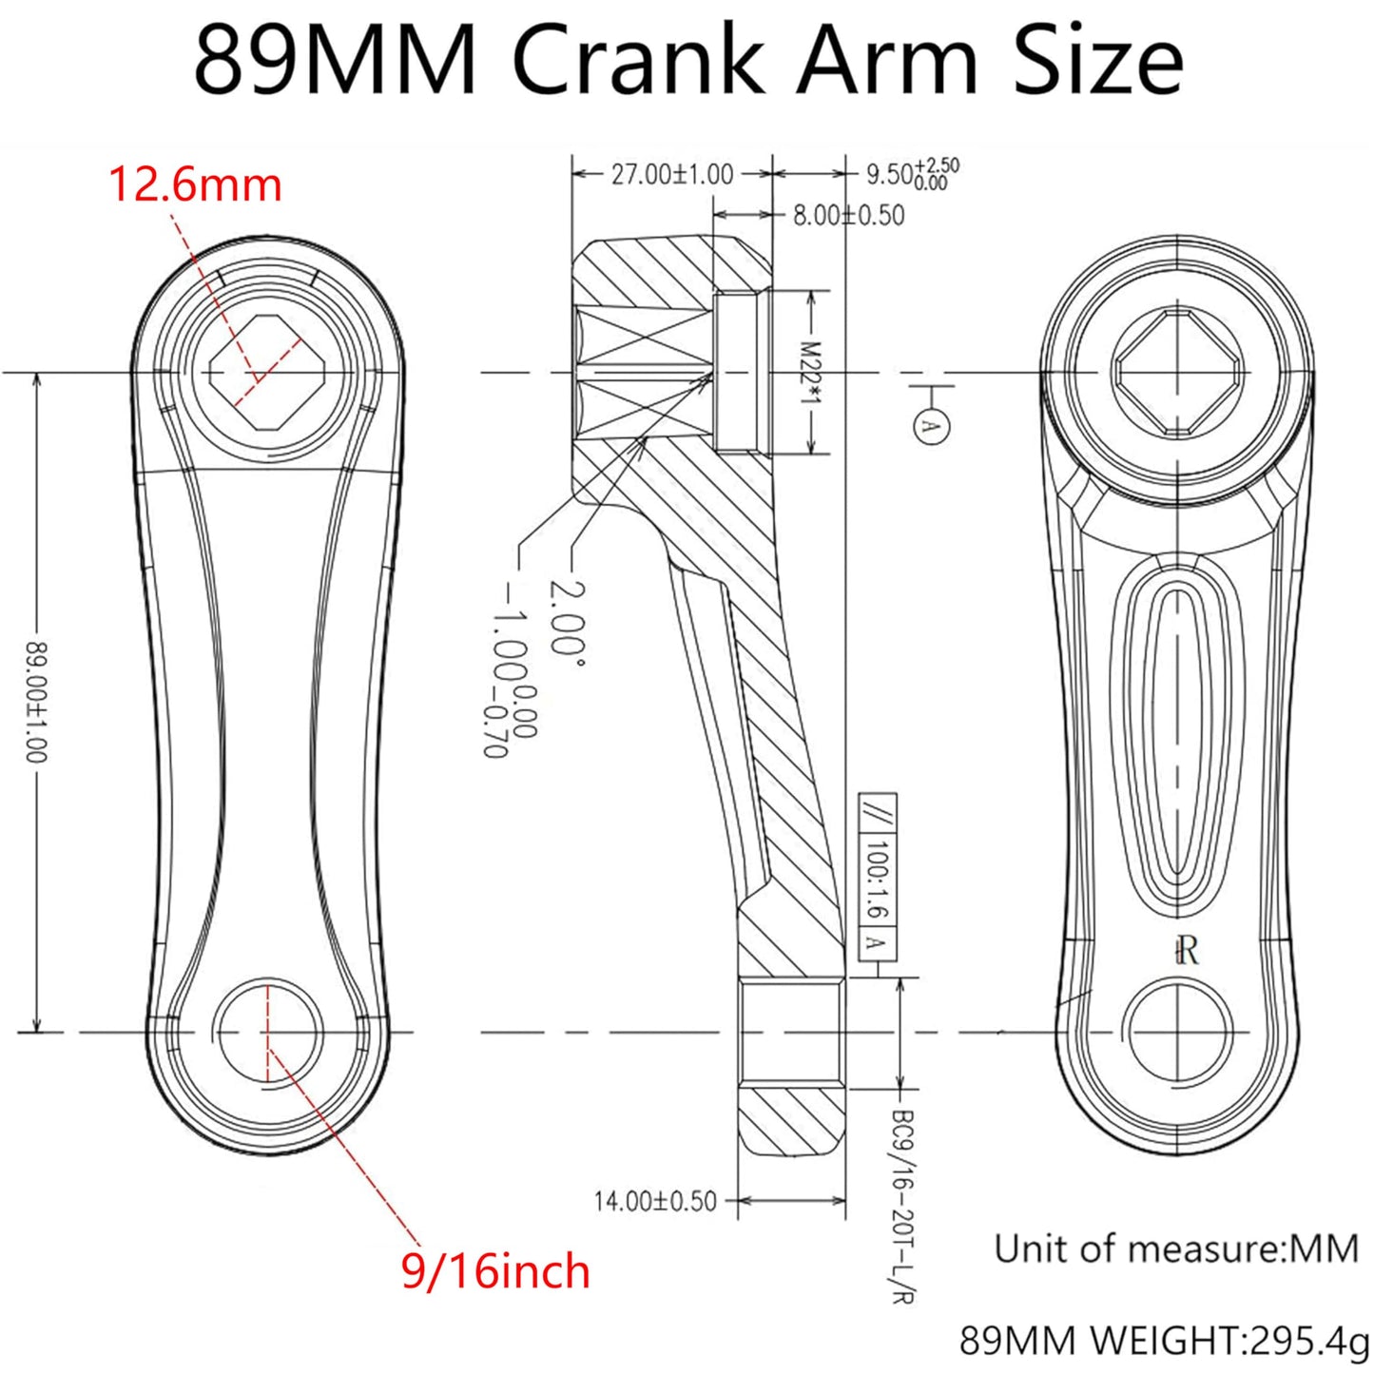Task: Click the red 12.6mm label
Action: tap(195, 184)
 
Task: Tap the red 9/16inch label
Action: tap(495, 1271)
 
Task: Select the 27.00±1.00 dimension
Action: tap(671, 175)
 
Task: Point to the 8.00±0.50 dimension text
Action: tap(848, 216)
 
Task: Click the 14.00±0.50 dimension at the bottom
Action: tap(655, 1201)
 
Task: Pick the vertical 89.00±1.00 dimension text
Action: tap(35, 702)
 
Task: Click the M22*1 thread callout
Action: tap(809, 372)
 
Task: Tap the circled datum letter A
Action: tap(931, 425)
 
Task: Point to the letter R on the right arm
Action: tap(1187, 950)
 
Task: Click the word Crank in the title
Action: tap(639, 62)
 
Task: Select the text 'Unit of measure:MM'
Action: tap(1176, 1248)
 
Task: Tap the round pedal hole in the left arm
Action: tap(269, 1033)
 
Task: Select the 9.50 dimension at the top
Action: tap(910, 175)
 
